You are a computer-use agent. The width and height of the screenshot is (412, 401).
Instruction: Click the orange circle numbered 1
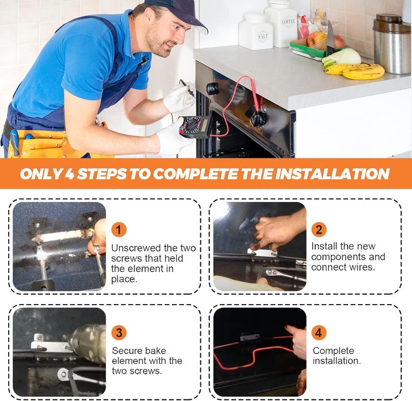point(119,229)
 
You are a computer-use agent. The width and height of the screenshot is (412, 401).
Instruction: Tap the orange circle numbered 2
point(319,229)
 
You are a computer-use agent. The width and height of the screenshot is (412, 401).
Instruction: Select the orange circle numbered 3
point(119,332)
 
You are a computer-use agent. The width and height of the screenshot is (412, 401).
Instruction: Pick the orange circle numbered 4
point(319,332)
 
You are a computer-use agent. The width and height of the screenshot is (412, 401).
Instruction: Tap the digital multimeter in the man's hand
point(195,126)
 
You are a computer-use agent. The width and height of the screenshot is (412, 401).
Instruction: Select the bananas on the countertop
point(354,71)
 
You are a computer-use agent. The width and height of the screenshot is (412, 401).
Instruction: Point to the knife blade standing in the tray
point(330,40)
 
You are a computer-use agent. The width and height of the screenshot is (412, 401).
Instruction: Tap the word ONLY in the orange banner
point(41,174)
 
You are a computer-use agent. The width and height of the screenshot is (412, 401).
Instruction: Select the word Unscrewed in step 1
point(136,248)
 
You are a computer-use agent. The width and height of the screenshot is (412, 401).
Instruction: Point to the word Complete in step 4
point(333,350)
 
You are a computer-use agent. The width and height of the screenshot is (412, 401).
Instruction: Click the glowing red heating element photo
point(260,352)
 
